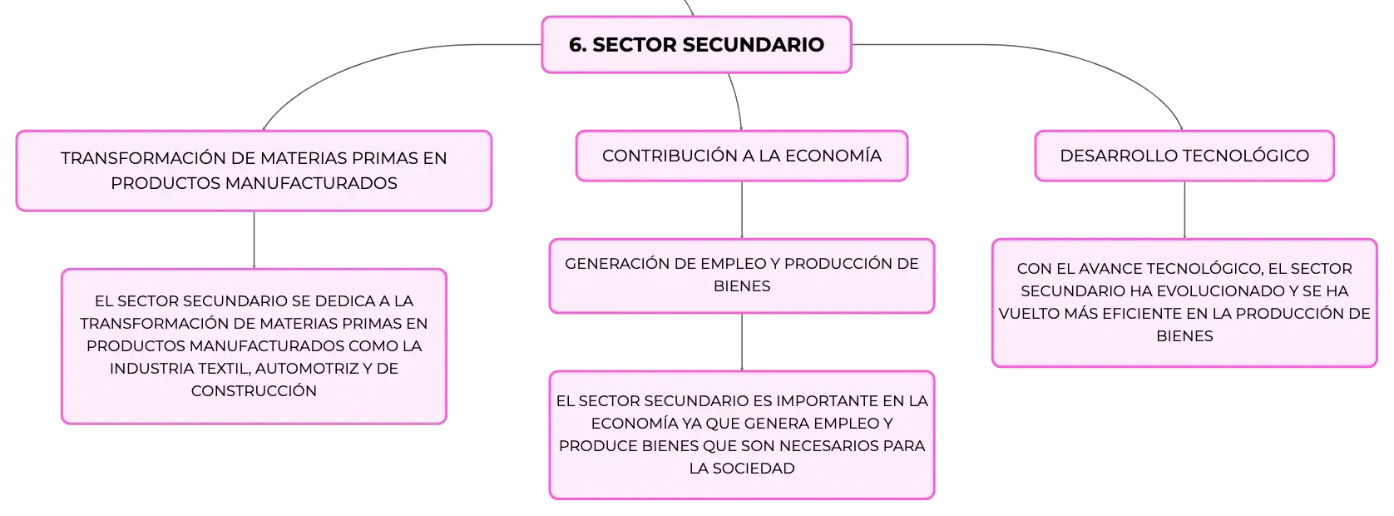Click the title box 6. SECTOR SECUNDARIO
click(696, 45)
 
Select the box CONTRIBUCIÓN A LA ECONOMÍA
click(742, 156)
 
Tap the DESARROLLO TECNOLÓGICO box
click(1184, 156)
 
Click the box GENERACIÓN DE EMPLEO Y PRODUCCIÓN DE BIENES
click(742, 275)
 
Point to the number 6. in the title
click(577, 45)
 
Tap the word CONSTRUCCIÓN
click(254, 391)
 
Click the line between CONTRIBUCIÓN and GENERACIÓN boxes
click(742, 211)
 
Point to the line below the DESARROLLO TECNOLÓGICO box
click(1184, 211)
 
